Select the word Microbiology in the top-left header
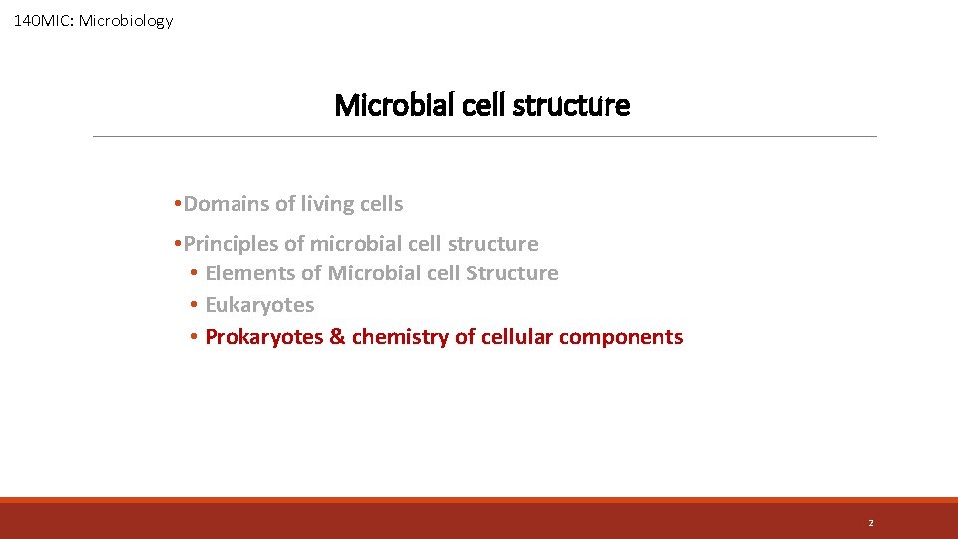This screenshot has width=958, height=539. (x=133, y=20)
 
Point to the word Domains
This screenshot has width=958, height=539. (x=227, y=204)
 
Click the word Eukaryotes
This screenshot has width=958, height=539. (x=259, y=305)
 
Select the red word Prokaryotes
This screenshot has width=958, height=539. (x=263, y=337)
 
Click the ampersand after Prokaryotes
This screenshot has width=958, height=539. (x=337, y=337)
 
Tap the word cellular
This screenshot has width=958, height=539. (x=517, y=337)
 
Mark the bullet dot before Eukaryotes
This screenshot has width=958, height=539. (x=193, y=305)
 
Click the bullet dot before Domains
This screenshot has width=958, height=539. (x=176, y=204)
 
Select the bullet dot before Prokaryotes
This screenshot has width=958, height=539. (x=193, y=337)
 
